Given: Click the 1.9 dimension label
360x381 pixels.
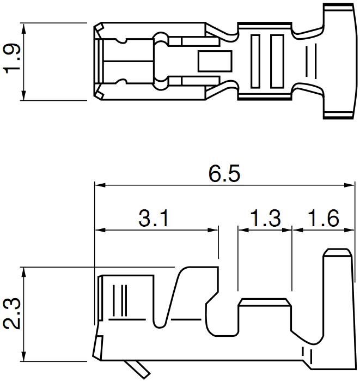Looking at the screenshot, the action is coord(11,58).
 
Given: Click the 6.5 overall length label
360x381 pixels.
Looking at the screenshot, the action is coord(224,173).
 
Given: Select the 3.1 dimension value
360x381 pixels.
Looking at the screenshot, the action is coord(154,218).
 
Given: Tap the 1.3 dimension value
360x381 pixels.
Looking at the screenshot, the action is coord(265,218).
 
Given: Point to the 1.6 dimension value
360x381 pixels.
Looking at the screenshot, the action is coord(324,218).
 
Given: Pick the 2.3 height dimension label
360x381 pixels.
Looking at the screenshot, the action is coord(11,314).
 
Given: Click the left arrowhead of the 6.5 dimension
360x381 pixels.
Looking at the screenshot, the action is coord(100,185).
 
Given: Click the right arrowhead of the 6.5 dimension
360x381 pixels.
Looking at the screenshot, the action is coord(349,185).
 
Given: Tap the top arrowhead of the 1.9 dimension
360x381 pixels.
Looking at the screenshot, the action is coord(23,28).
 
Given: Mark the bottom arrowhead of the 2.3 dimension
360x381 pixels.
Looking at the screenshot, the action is coord(23,356).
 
